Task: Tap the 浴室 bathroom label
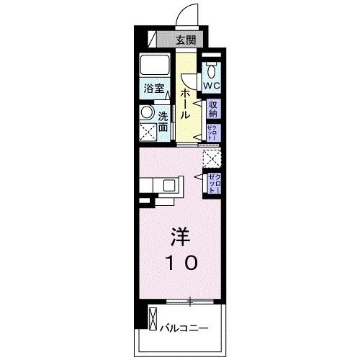click(153, 89)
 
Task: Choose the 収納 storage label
click(214, 109)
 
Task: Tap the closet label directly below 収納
click(213, 132)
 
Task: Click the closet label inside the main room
click(214, 181)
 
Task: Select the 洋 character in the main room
click(181, 235)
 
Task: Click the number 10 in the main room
click(181, 263)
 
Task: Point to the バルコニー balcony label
click(184, 328)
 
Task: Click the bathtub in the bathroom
click(154, 66)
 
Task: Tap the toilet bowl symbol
click(211, 70)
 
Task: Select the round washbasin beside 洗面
click(147, 113)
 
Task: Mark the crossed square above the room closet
click(212, 158)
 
